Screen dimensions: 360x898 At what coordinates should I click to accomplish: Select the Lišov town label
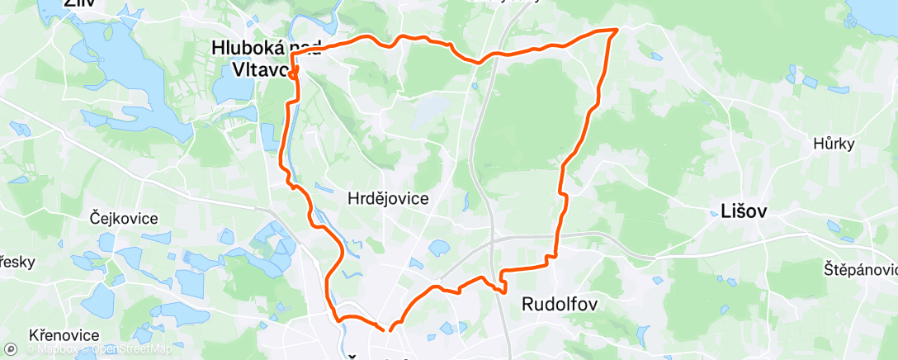point(739,211)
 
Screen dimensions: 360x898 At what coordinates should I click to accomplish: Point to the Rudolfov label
point(560,305)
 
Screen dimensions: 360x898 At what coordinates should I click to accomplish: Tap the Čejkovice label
point(124,219)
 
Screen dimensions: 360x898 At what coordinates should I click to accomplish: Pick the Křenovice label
point(64,335)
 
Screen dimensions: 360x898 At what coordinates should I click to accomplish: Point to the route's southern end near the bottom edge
point(389,329)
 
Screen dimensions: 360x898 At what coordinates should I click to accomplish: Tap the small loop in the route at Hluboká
point(292,74)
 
